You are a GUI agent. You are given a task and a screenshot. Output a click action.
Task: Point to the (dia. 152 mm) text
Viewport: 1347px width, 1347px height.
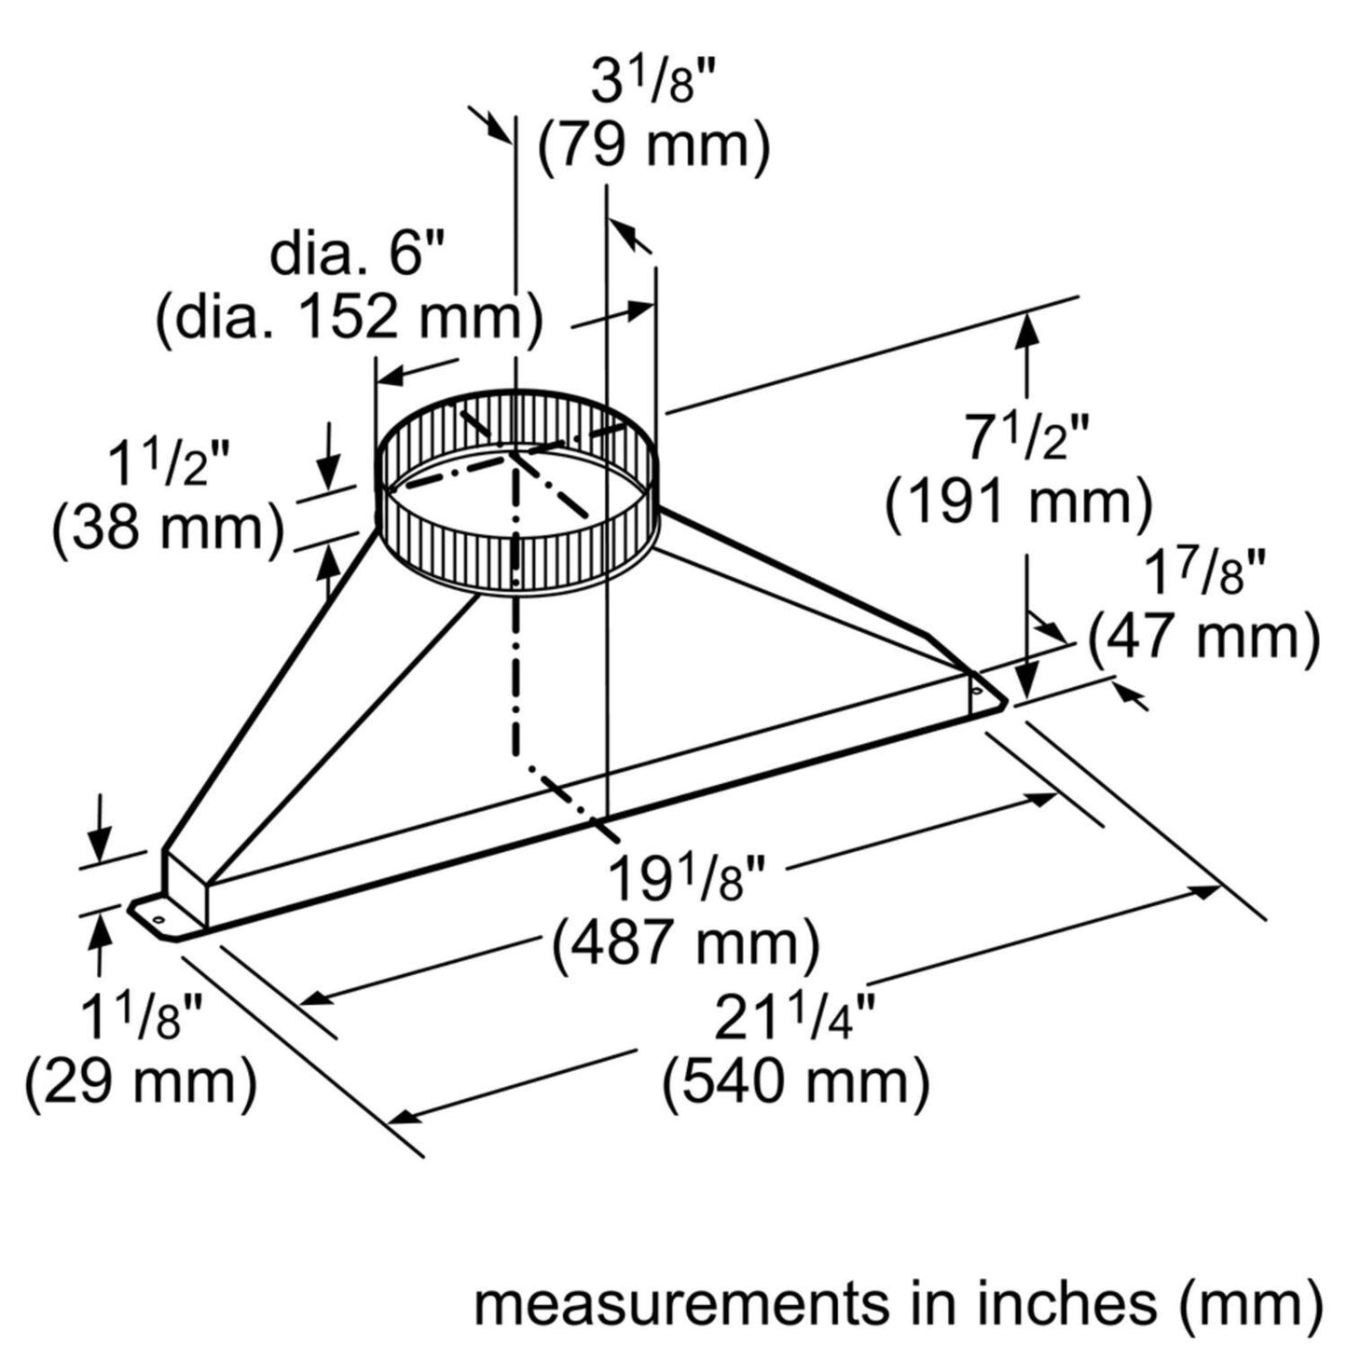tap(350, 319)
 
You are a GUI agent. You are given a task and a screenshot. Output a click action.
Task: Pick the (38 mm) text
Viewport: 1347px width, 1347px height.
tap(168, 529)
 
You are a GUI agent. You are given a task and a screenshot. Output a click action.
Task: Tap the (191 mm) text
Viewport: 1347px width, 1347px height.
tap(1019, 503)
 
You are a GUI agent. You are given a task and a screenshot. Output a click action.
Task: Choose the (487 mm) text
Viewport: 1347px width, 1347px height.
tap(686, 944)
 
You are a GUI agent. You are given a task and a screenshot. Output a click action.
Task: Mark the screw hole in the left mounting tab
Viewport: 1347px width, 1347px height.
tap(158, 921)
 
